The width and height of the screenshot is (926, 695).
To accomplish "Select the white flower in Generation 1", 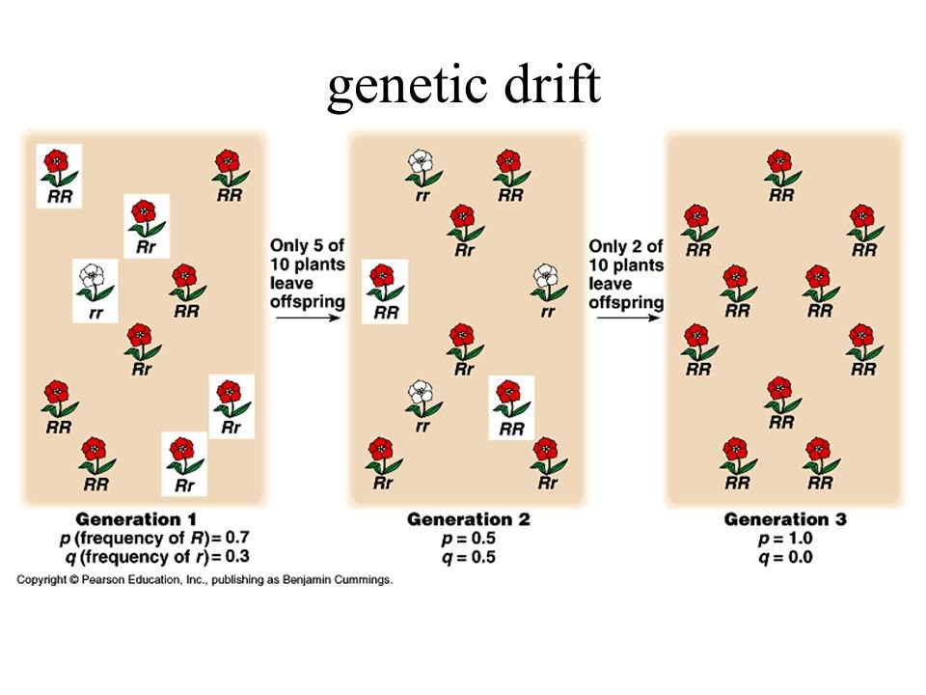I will (x=93, y=277).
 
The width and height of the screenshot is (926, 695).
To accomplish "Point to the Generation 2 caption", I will (x=468, y=519).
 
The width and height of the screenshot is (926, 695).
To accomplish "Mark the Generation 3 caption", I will (x=785, y=519).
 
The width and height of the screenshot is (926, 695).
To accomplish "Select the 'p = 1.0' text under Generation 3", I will (x=785, y=538).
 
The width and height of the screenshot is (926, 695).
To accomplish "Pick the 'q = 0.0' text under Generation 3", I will (x=785, y=556).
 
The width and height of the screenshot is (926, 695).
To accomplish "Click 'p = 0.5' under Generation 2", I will (x=468, y=538).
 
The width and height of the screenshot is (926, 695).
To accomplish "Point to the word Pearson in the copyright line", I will (x=110, y=580).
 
